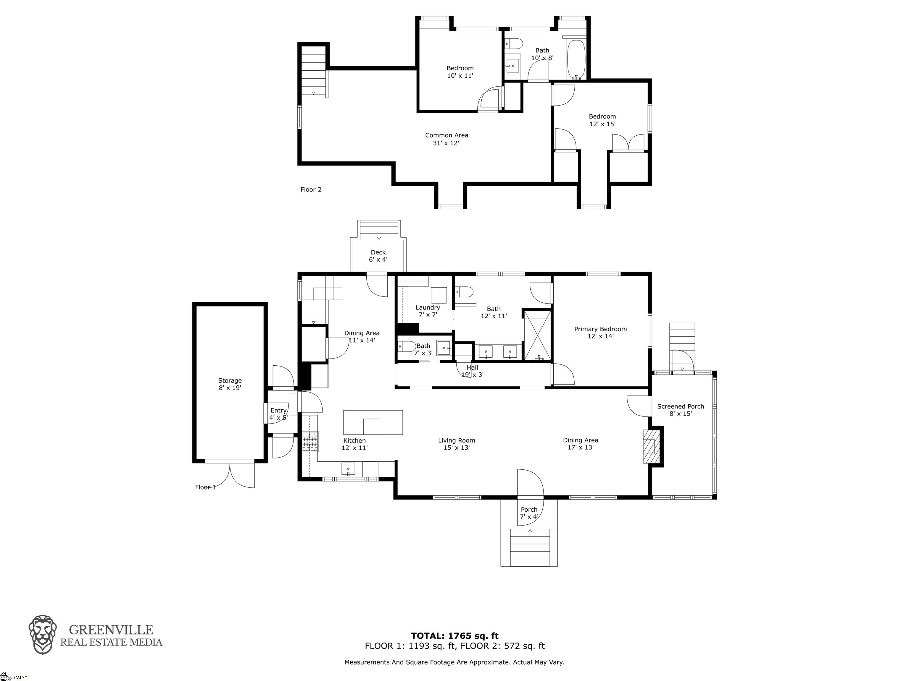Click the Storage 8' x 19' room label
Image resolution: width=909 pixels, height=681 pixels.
(230, 384)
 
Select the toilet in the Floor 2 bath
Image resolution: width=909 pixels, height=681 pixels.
(514, 43)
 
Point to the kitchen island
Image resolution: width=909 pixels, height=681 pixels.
(373, 422)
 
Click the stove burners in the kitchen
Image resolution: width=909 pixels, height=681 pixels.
(310, 442)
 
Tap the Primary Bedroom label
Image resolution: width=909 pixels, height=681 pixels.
(600, 333)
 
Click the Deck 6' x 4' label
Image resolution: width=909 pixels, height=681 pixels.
(378, 256)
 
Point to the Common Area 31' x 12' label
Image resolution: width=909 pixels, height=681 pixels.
(446, 139)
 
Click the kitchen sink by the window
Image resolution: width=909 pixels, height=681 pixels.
(348, 468)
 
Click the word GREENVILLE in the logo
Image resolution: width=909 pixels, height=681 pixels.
(111, 630)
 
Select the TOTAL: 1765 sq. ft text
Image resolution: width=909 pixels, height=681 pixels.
(454, 636)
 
